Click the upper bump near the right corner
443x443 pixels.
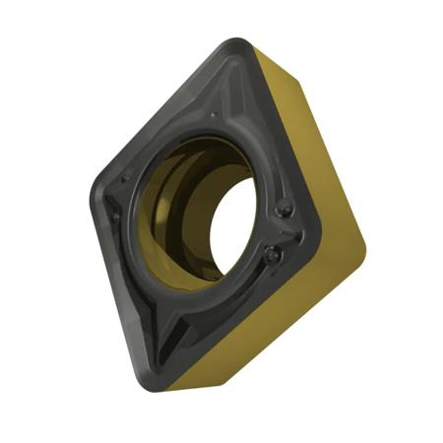[x=285, y=209]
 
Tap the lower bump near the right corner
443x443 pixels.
[x=273, y=255]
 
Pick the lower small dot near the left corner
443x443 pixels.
[x=116, y=215]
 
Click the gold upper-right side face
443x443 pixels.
[x=310, y=128]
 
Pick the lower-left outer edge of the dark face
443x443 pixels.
[x=118, y=295]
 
